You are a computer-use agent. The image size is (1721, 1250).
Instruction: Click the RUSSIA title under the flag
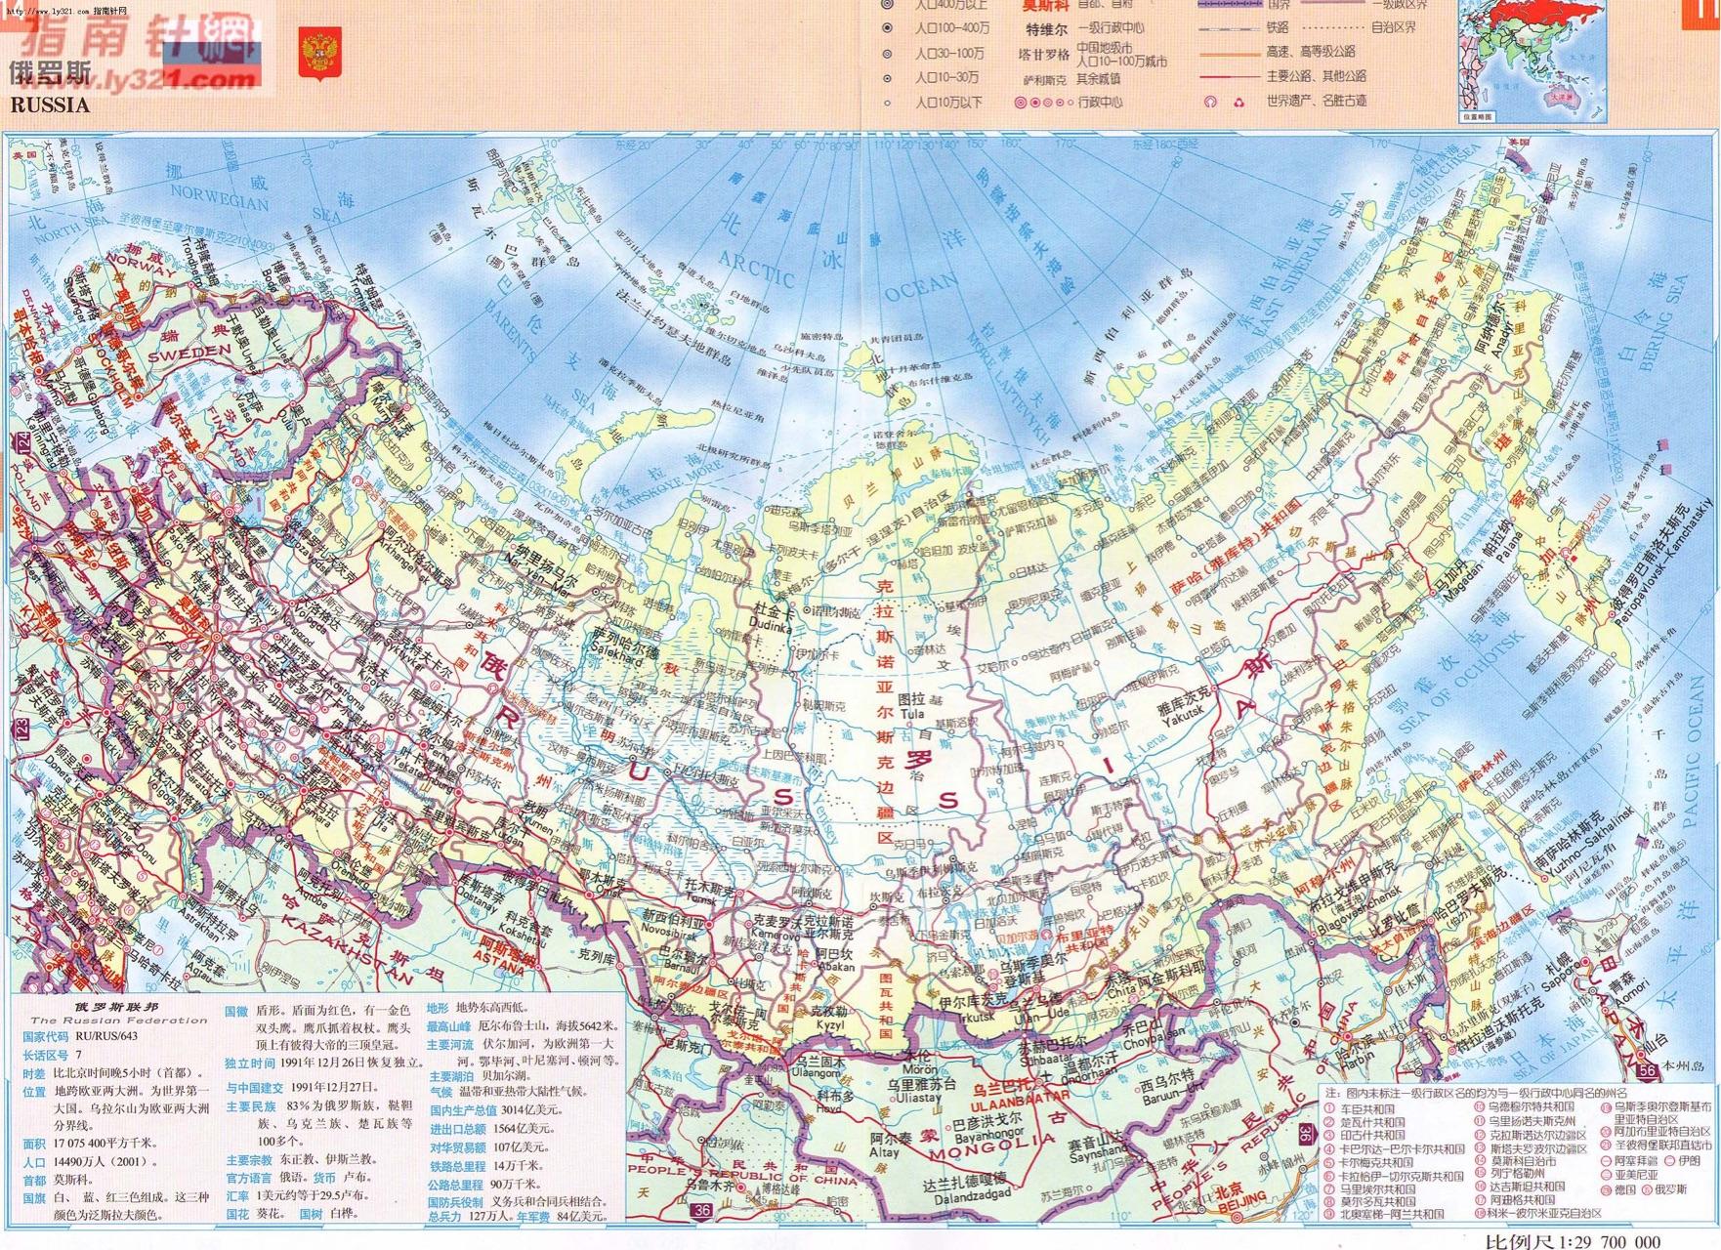(x=50, y=104)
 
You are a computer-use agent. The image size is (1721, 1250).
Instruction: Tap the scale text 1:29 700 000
(x=1574, y=1240)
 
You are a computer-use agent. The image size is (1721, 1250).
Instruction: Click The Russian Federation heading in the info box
(x=116, y=1021)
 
